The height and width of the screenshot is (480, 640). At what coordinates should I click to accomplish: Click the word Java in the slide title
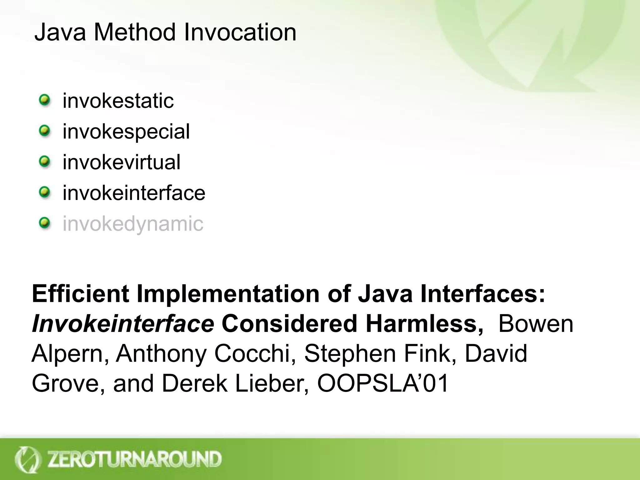point(60,32)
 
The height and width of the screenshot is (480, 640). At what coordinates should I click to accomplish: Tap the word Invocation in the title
point(240,32)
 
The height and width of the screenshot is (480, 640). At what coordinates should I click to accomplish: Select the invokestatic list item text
point(118,101)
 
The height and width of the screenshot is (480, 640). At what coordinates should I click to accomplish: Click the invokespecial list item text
point(126,132)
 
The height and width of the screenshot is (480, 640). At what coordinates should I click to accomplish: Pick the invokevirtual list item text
point(122,162)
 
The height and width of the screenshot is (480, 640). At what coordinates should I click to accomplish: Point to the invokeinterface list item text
point(134,193)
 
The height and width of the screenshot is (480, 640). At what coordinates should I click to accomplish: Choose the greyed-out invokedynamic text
point(133,223)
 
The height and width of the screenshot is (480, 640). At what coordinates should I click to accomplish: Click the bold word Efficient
point(81,294)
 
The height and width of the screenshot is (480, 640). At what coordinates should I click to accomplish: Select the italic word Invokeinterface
point(123,324)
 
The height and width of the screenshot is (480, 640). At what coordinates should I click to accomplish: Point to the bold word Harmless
point(424,324)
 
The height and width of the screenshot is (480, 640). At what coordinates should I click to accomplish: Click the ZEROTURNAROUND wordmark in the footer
point(134,459)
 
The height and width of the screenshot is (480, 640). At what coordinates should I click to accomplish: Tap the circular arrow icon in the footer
point(27,459)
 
